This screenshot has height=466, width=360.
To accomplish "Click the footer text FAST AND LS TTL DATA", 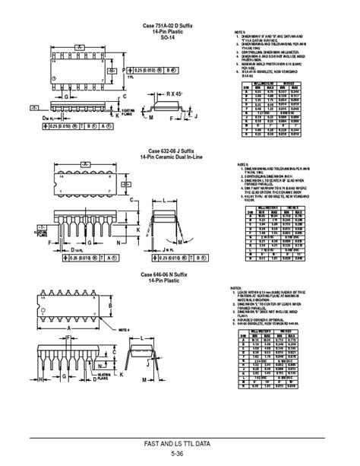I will point(178,442).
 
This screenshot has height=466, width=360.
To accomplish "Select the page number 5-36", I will point(178,453).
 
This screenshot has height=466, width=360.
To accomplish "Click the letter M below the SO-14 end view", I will point(150,119).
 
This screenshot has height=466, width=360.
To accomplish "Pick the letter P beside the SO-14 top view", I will point(112,68).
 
